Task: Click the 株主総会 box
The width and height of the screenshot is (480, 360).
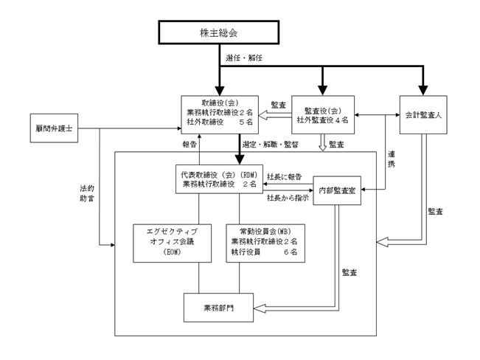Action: (x=218, y=32)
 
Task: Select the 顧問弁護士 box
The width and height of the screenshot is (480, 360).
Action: (x=54, y=128)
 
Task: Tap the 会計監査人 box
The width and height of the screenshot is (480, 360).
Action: (x=423, y=115)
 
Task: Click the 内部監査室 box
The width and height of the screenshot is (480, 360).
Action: (x=337, y=190)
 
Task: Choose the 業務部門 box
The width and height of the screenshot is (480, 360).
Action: (x=218, y=308)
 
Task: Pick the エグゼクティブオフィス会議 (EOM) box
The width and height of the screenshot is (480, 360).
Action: (x=172, y=243)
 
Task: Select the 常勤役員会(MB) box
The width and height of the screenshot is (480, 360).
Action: (x=265, y=243)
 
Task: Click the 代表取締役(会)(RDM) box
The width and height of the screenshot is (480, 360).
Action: (x=219, y=179)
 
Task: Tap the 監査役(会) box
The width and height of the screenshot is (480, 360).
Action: (x=323, y=115)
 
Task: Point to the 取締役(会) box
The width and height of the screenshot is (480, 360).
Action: (x=220, y=115)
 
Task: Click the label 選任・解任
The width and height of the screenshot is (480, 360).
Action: (x=244, y=58)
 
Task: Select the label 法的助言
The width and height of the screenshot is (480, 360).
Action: (x=87, y=193)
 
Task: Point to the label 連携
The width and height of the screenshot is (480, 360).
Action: (x=392, y=159)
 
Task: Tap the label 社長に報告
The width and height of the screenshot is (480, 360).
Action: (x=284, y=177)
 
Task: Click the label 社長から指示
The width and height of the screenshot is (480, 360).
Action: (x=288, y=198)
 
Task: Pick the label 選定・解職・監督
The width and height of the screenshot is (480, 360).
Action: (x=271, y=145)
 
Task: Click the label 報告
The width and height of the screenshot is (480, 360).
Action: (x=189, y=145)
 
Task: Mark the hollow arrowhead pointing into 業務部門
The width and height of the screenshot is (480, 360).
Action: (x=260, y=308)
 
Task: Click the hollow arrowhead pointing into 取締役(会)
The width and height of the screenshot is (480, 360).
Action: (x=264, y=116)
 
